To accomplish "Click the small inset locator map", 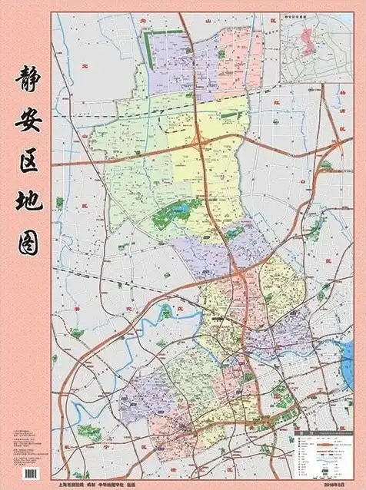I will click(314, 47).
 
